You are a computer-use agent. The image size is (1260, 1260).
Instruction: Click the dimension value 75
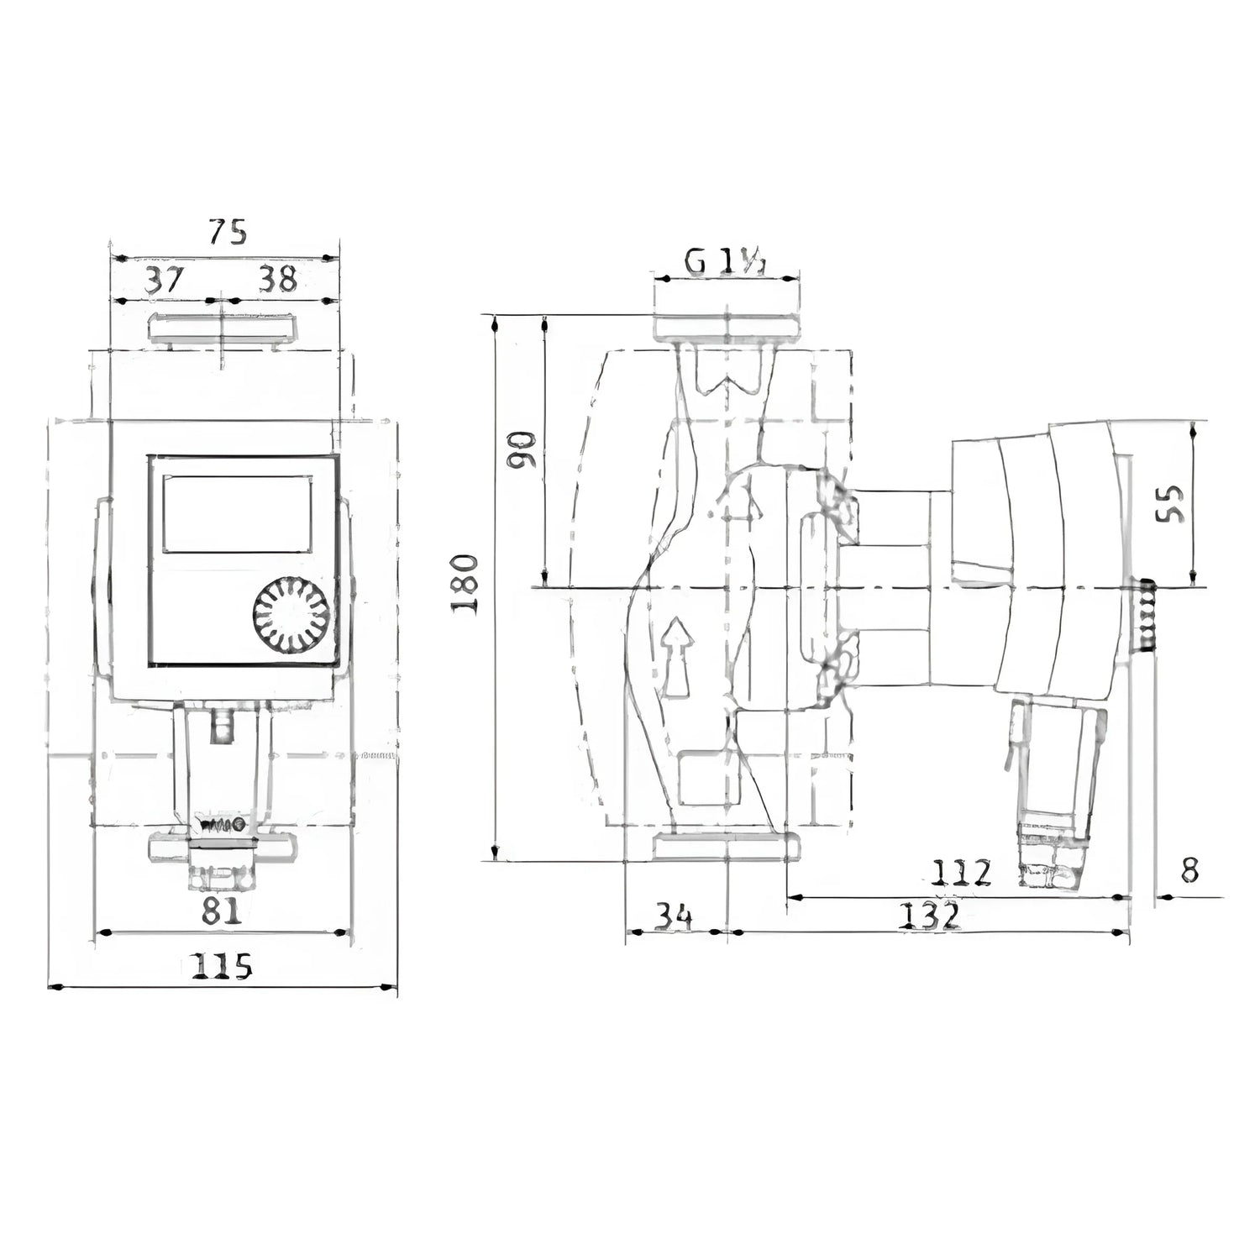[x=228, y=231]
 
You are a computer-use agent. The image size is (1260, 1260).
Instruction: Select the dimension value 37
[x=164, y=280]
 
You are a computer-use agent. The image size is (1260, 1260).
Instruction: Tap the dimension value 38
[x=276, y=280]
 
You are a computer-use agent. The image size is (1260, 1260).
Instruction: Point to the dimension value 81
[x=220, y=911]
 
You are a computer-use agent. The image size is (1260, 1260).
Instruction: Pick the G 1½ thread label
[x=725, y=263]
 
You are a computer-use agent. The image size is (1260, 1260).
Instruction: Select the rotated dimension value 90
[x=522, y=451]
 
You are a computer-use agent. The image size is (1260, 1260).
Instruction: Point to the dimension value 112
[x=962, y=874]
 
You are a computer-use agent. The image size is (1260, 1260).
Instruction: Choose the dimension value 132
[x=929, y=916]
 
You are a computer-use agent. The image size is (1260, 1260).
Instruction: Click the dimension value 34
[x=674, y=916]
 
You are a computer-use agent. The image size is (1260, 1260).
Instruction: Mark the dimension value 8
[x=1189, y=871]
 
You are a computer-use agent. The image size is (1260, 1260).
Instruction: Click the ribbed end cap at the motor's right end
[x=1144, y=615]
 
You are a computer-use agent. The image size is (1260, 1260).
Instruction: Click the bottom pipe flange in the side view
[x=726, y=847]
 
